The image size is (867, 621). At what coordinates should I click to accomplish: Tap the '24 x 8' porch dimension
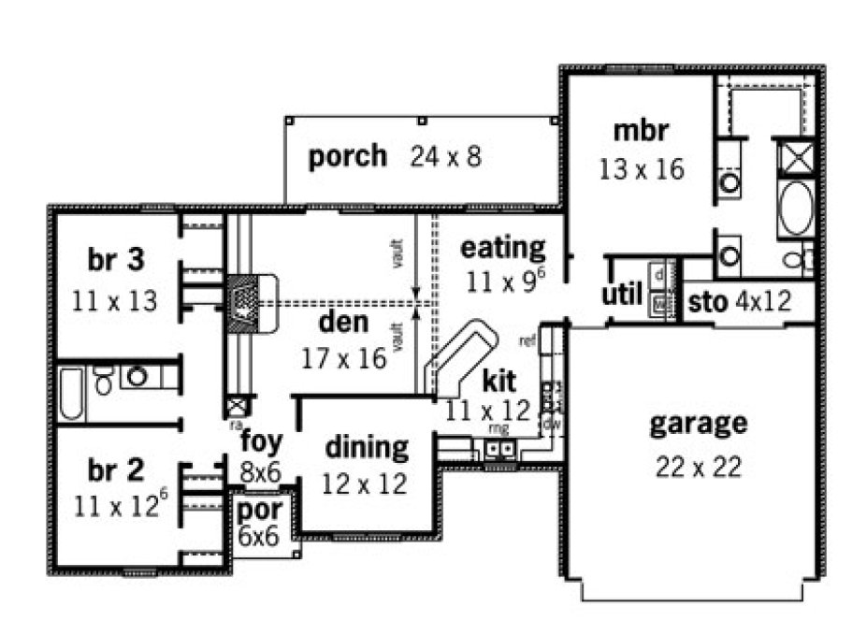tap(445, 156)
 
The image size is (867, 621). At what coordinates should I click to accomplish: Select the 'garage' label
tap(699, 423)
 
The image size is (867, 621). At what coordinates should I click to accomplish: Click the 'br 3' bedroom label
tap(116, 259)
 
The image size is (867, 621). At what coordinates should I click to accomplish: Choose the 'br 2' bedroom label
tap(116, 470)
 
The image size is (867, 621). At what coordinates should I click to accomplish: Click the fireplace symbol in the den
tap(248, 305)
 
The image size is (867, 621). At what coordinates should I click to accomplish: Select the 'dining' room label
tap(367, 447)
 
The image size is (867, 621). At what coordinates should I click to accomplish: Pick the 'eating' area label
tap(502, 248)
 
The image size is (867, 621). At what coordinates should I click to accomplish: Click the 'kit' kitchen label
tap(498, 381)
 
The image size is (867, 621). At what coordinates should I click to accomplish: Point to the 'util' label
tap(621, 296)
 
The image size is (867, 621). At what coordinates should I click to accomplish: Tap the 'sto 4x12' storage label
tap(740, 301)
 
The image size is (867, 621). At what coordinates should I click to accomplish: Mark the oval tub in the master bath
tap(794, 207)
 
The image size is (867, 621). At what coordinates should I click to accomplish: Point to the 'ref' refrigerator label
tap(527, 340)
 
